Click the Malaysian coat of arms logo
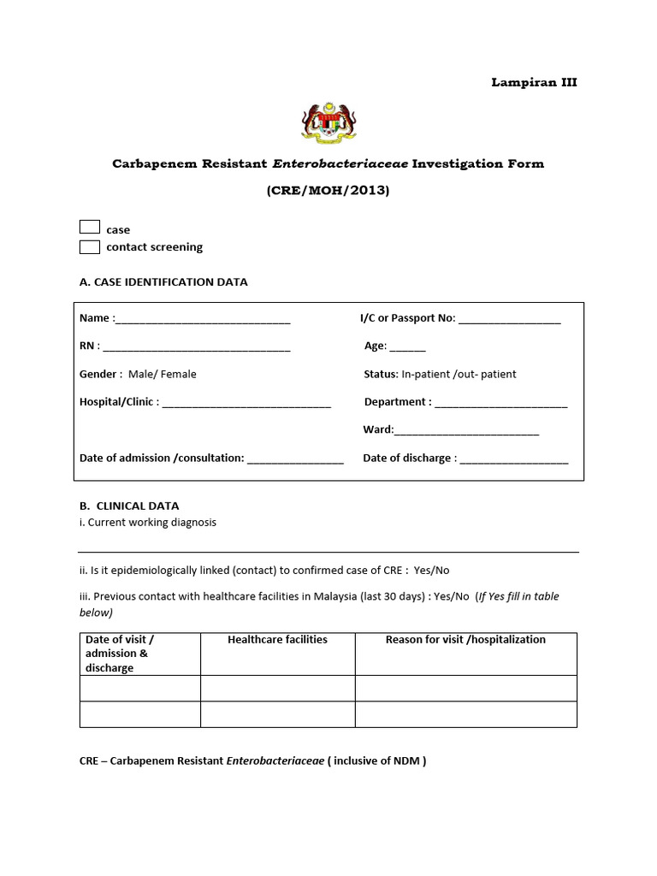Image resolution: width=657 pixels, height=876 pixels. click(x=328, y=122)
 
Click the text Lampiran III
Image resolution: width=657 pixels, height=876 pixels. click(x=534, y=83)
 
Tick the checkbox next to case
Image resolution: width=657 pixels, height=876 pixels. click(x=90, y=228)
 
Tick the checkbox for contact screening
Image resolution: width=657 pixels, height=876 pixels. click(x=90, y=247)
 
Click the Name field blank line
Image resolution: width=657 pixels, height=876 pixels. click(x=203, y=320)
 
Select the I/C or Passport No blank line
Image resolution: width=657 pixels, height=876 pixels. click(x=510, y=320)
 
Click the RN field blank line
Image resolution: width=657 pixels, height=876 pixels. click(x=197, y=348)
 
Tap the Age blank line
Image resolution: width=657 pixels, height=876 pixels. click(x=408, y=348)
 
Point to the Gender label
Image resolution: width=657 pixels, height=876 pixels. click(x=98, y=374)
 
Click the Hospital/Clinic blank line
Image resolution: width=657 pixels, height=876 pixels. click(x=246, y=404)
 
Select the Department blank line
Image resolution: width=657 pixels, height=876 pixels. click(x=501, y=404)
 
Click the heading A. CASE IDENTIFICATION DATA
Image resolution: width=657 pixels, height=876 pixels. click(x=163, y=282)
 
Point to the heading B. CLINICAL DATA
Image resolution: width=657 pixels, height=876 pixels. click(x=129, y=506)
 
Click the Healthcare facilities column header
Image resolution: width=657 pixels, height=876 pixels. click(x=277, y=640)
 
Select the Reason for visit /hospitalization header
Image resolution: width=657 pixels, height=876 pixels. click(x=465, y=640)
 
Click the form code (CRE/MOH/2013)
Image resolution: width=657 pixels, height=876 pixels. click(x=328, y=191)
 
